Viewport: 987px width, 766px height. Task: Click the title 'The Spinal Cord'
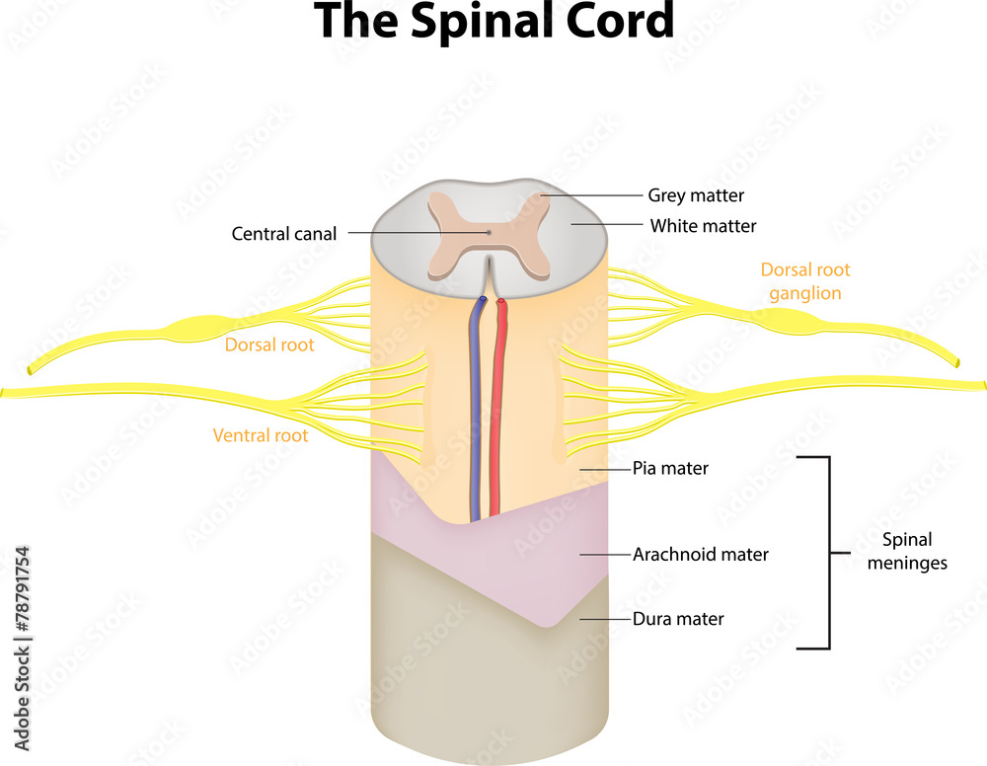coord(493,22)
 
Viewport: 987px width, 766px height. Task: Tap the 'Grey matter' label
coord(696,195)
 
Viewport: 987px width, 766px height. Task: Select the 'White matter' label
coord(703,226)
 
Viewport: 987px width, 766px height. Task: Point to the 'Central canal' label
coord(284,234)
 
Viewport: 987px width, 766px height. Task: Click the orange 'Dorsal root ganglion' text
coord(804,281)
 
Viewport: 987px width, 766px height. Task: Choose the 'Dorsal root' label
coord(269,345)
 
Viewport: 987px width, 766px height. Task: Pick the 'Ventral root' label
coord(261,435)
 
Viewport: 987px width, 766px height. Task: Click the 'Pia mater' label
coord(670,468)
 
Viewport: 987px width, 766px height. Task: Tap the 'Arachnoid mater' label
coord(700,554)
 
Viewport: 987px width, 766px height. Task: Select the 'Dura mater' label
coord(678,619)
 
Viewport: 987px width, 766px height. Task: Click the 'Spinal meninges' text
coord(907,552)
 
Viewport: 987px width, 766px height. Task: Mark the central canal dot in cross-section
coord(488,233)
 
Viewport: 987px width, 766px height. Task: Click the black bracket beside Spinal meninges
coord(826,552)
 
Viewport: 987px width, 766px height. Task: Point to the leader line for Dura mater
coord(604,619)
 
